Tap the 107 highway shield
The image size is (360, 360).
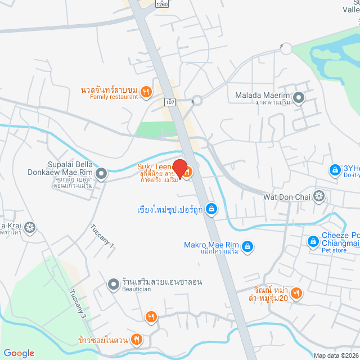tap(169, 102)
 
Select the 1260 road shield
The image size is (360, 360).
tap(163, 4)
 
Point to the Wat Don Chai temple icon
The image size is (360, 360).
tap(319, 196)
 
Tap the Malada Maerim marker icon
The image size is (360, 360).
tap(299, 98)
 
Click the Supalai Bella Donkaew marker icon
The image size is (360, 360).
tap(101, 173)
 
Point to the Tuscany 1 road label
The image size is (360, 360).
tap(102, 237)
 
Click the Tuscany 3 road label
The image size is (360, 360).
tap(78, 304)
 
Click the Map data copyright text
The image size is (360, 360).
tap(336, 355)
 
